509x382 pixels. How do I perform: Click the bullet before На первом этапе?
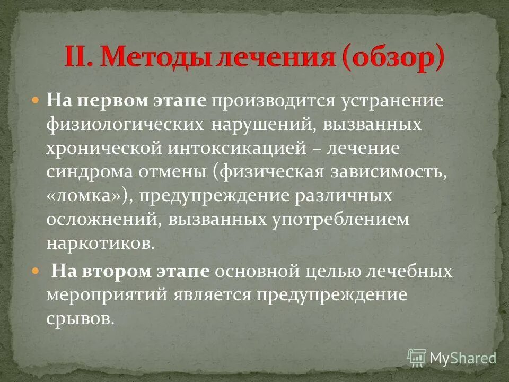pos(37,99)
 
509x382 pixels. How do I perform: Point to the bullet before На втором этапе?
pos(37,271)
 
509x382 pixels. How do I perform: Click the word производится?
pos(265,100)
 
